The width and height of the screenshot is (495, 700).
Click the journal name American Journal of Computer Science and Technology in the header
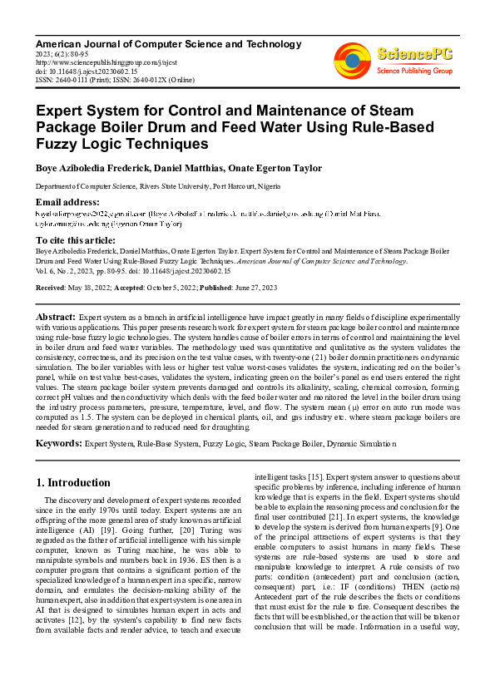pos(168,44)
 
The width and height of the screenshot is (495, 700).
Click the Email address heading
pos(67,203)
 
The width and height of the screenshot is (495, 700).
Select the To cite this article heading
pos(76,239)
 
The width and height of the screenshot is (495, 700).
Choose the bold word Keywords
pos(58,444)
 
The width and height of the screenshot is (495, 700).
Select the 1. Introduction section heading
pos(73,482)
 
